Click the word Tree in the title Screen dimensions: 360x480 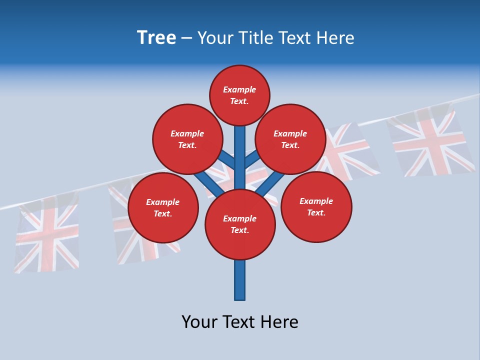(156, 38)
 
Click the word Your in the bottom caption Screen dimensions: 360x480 (199, 321)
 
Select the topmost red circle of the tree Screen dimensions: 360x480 (239, 95)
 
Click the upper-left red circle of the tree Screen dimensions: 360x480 (187, 139)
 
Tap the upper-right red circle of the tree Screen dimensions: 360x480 (290, 139)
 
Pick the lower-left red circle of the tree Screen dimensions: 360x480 (163, 208)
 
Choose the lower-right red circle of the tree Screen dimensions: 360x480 (316, 207)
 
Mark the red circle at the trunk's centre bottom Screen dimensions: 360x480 (240, 224)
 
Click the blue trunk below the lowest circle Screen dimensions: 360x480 (240, 280)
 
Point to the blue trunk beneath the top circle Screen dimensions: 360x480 (240, 150)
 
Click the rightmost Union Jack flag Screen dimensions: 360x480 (431, 141)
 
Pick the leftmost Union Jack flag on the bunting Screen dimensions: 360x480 (46, 234)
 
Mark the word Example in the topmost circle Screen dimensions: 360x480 (239, 90)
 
